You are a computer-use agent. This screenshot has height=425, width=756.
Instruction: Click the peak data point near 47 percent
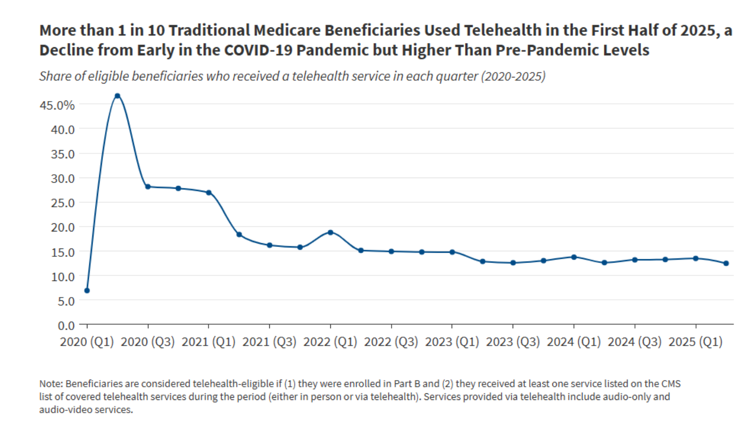point(118,96)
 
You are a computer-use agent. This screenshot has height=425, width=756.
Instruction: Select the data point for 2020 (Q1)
point(87,290)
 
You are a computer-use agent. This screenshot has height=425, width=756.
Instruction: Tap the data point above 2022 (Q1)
point(330,232)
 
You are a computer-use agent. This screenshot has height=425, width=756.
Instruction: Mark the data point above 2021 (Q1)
point(209,193)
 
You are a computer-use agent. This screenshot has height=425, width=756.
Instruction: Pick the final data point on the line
point(726,263)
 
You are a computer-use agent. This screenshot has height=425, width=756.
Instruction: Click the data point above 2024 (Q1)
point(574,257)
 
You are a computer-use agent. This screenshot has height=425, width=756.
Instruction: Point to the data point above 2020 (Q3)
point(148,187)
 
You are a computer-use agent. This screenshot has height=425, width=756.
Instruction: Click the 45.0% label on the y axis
point(57,105)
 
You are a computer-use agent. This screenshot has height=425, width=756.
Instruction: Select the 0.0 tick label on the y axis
point(66,326)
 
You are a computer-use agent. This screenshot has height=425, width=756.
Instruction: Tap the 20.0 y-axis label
point(63,228)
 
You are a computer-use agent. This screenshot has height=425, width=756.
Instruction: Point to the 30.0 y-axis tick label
point(63,178)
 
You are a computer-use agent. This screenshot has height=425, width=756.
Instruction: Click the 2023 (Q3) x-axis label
point(513,342)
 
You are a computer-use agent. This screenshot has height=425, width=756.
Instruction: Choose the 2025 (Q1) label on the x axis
point(695,342)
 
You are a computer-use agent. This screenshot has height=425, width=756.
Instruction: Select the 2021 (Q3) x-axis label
point(269,342)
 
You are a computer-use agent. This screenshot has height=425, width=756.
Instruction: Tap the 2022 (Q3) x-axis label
point(391,342)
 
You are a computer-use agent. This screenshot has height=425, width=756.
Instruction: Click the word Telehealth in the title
point(502,30)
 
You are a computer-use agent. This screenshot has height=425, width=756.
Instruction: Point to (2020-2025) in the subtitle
point(513,76)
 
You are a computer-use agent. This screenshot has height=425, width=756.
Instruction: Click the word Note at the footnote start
point(51,384)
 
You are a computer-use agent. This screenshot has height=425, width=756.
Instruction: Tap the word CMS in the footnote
point(671,384)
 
